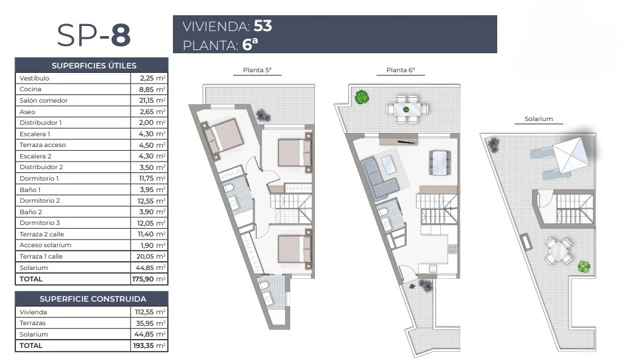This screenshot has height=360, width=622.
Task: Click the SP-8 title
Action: [94, 35]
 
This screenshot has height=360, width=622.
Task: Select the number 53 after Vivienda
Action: [263, 26]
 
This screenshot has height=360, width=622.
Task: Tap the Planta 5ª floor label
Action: [257, 70]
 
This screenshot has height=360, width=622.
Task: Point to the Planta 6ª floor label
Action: [400, 70]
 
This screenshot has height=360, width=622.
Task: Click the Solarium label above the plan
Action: [538, 119]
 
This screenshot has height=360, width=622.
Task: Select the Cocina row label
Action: [30, 89]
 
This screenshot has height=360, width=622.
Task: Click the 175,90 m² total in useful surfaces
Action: [149, 279]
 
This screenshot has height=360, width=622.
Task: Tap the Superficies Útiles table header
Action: [94, 65]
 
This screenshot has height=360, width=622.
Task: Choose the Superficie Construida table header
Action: [93, 299]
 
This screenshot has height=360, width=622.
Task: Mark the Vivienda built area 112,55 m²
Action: [150, 312]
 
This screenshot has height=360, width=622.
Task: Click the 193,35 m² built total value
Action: [149, 345]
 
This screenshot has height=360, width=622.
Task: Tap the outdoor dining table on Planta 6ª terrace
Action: [407, 109]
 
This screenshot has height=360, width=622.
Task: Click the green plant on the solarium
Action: [584, 266]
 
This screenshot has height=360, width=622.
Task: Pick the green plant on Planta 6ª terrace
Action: [362, 97]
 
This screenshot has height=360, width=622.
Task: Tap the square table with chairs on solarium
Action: [558, 251]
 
